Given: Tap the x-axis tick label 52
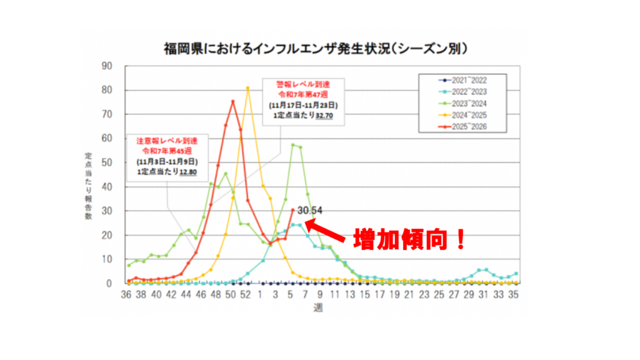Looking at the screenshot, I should coord(247,294).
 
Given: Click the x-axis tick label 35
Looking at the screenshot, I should coord(514,294).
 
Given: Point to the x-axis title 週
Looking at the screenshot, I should coord(319,307).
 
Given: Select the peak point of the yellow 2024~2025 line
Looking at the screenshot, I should coord(248,88).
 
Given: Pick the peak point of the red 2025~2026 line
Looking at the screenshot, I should coord(232,101).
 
